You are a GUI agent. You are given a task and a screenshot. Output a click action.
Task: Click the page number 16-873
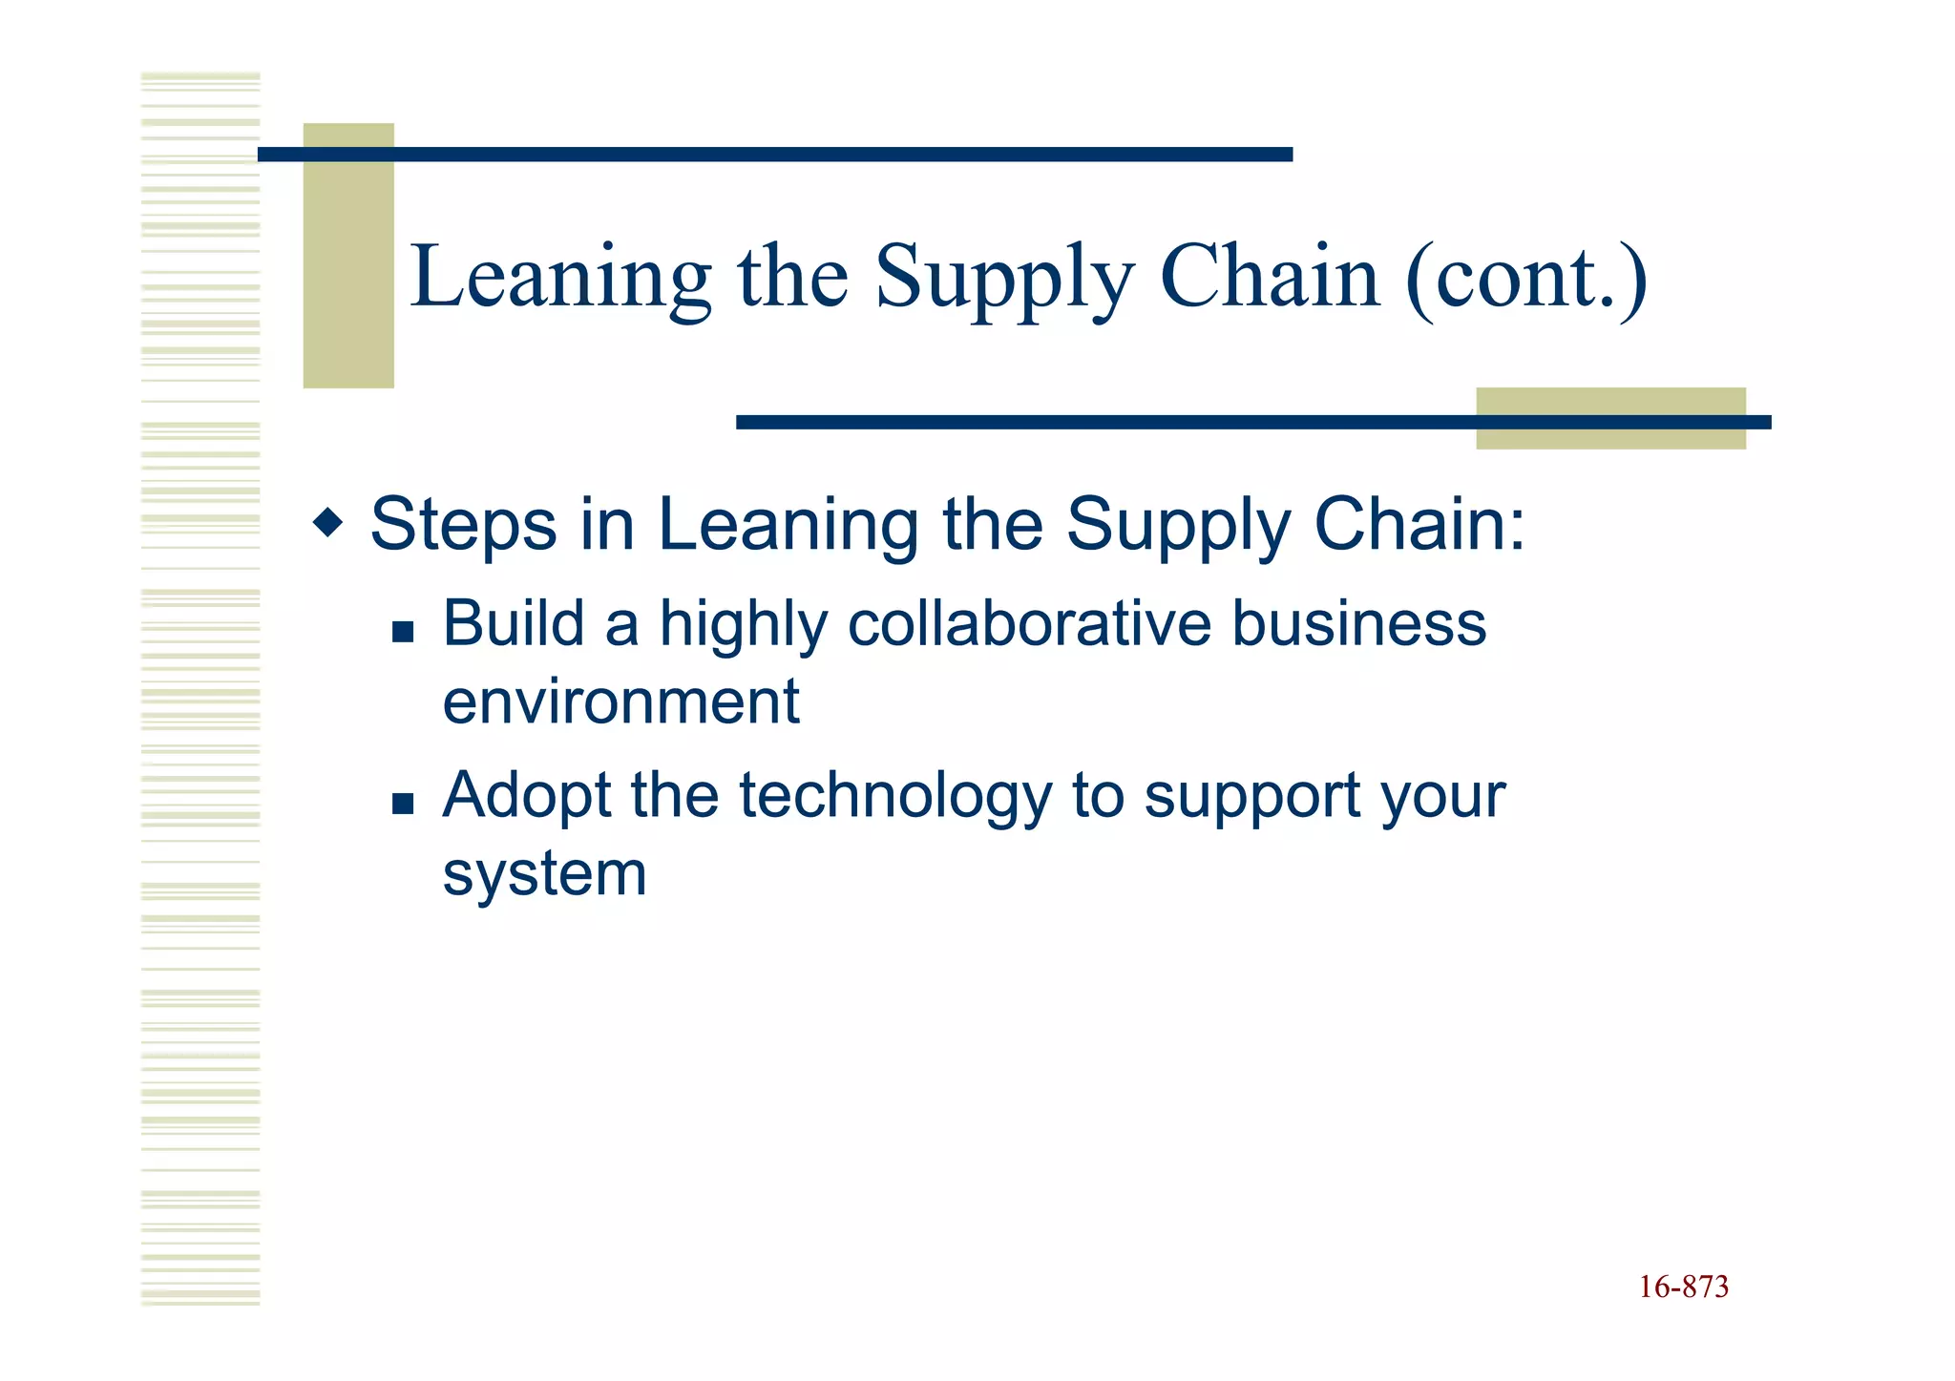[1683, 1287]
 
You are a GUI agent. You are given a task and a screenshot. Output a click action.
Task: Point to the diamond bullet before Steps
[327, 523]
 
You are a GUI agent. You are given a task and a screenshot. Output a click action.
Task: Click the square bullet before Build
[403, 631]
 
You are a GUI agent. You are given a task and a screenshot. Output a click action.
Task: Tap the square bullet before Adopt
[403, 803]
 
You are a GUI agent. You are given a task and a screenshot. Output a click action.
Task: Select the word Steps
[463, 524]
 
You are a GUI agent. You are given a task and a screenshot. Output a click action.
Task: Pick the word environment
[620, 701]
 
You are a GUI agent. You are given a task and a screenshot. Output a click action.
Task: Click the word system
[544, 874]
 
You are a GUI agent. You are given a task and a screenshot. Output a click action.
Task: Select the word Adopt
[526, 797]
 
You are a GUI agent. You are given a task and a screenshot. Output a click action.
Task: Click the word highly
[744, 626]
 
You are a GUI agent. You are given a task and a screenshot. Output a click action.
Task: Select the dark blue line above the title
[775, 155]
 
